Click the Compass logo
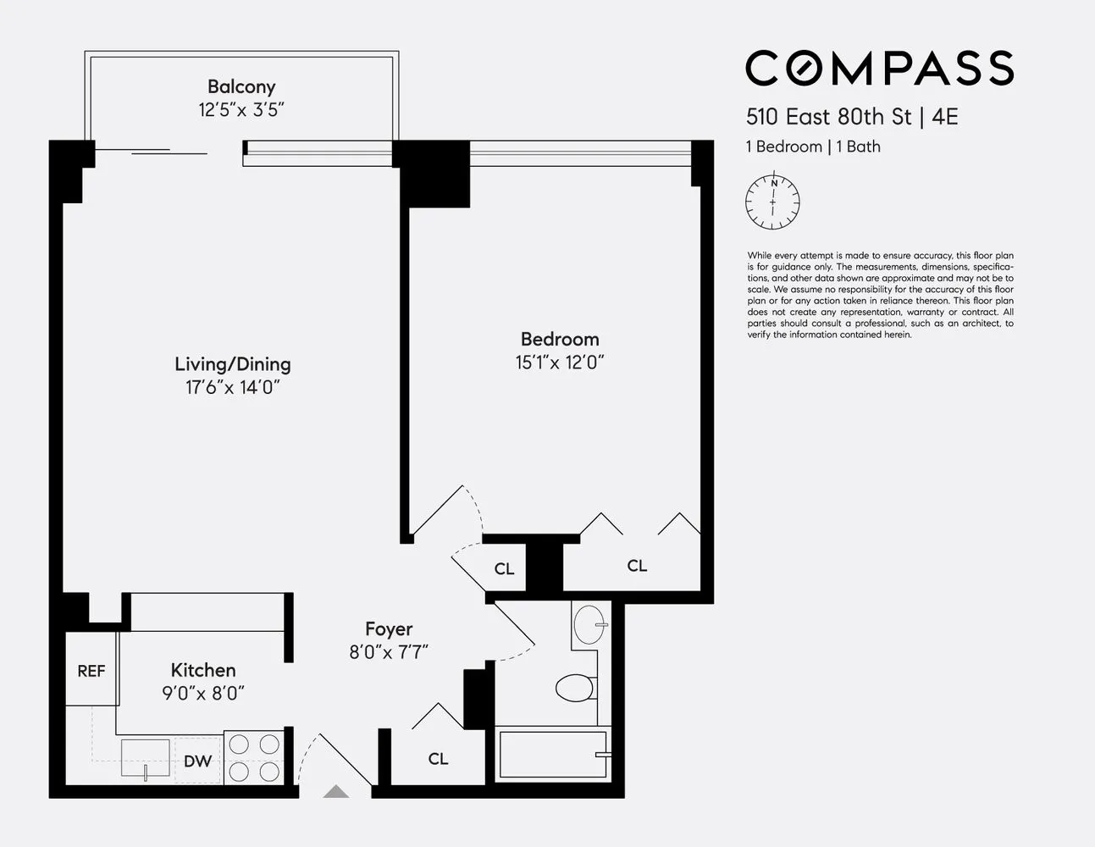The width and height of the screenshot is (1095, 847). (x=879, y=68)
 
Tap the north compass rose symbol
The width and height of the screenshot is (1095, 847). (x=772, y=202)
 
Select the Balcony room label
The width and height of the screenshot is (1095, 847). (x=241, y=86)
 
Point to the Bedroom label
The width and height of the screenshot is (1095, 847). (x=559, y=339)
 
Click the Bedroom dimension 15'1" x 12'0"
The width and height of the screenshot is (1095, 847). (x=559, y=363)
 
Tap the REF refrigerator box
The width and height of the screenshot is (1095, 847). (x=91, y=670)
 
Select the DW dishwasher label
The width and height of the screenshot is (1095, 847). (x=197, y=761)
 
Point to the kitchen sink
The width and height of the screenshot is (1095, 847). (x=145, y=758)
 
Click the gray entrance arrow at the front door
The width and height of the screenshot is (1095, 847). (x=336, y=792)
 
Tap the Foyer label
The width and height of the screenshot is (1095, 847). (x=389, y=628)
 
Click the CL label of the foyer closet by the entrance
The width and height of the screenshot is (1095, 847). (x=438, y=759)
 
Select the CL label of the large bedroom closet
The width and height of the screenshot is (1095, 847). (x=637, y=566)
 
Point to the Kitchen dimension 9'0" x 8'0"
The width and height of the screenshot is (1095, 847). (x=203, y=694)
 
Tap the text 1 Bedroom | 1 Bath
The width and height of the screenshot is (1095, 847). (x=813, y=147)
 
